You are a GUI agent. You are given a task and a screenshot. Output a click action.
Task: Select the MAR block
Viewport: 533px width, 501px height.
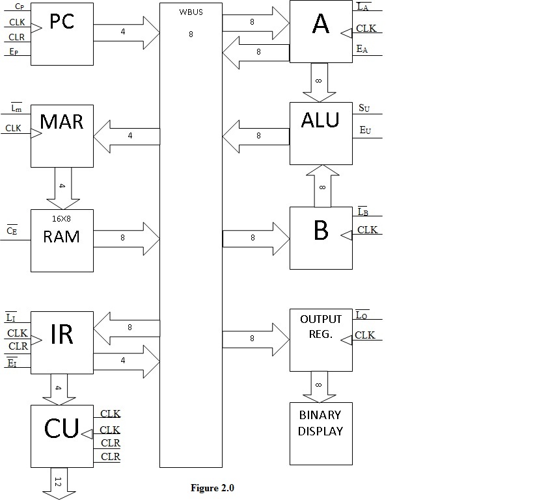[62, 135]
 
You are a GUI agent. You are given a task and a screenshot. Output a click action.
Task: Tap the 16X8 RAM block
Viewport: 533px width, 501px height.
[62, 240]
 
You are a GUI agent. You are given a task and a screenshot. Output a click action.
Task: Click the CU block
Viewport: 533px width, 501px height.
[62, 435]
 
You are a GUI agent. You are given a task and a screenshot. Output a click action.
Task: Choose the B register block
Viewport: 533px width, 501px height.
[320, 238]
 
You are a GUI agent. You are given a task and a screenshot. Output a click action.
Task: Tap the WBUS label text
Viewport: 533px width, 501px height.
[191, 12]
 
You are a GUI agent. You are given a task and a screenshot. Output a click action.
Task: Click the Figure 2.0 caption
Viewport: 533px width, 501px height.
[212, 488]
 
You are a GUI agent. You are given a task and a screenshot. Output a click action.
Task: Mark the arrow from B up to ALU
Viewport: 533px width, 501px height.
[322, 186]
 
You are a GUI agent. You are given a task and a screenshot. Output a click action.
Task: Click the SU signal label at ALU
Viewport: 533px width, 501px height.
[364, 108]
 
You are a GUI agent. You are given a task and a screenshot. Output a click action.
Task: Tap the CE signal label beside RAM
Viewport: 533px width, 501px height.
[12, 230]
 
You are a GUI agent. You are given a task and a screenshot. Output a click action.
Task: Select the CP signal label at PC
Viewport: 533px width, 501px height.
[20, 7]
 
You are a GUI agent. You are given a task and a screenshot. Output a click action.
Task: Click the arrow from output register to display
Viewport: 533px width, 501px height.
[320, 386]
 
